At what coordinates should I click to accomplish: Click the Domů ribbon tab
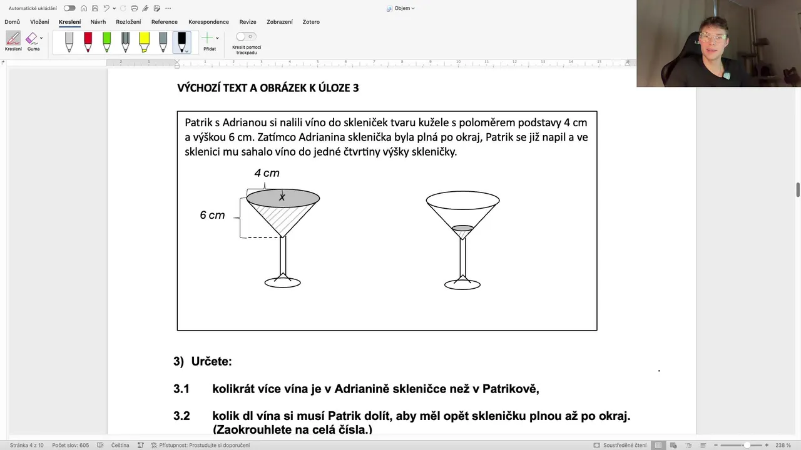pos(12,22)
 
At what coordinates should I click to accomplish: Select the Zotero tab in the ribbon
pos(311,22)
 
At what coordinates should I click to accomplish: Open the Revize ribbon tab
pos(248,22)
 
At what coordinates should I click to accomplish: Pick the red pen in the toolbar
pos(88,41)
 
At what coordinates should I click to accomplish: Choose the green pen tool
pos(107,41)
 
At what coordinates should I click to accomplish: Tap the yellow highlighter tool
pos(145,41)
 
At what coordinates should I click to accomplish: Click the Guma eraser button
pos(33,41)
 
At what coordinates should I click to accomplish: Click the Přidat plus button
pos(208,39)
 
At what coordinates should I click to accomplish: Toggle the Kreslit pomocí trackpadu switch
pos(245,37)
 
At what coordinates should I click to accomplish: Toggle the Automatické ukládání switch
pos(69,8)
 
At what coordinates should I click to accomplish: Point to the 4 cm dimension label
pos(267,173)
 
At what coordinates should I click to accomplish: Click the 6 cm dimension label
pos(212,215)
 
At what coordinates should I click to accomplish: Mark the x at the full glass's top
pos(282,197)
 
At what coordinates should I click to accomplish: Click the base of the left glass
pos(283,282)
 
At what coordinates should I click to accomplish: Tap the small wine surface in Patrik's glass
pos(462,228)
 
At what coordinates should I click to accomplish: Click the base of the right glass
pos(462,284)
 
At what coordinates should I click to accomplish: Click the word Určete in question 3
pos(212,362)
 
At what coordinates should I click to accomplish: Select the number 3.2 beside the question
pos(181,416)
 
